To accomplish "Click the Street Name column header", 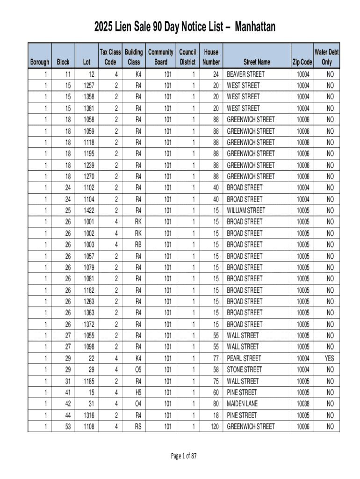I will pos(257,62).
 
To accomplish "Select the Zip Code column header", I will pos(302,62).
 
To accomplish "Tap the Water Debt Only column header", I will pos(326,57).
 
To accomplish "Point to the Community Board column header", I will pos(161,57).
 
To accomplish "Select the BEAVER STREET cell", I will pos(245,74).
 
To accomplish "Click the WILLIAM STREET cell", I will pos(246,210).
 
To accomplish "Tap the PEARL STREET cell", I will pos(244,358).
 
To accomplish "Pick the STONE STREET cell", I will pos(245,370).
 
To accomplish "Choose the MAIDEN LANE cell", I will pos(242,404).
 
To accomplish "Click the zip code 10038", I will pos(302,404).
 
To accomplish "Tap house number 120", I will pos(214,427).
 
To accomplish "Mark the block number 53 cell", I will pos(68,427).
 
